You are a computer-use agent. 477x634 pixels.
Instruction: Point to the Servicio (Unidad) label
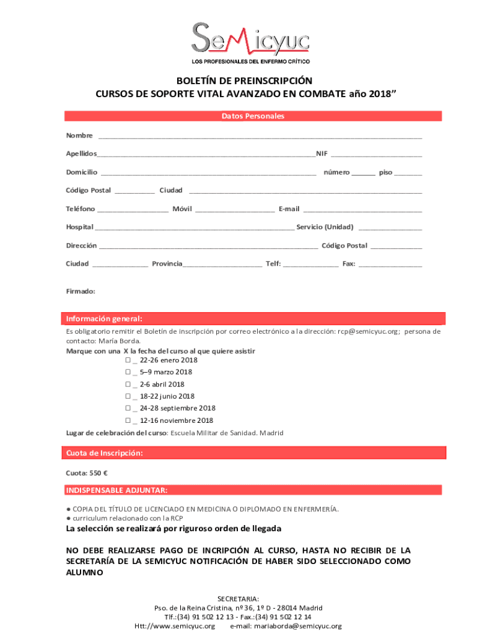tap(325, 227)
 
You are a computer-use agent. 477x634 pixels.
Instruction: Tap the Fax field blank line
tap(390, 265)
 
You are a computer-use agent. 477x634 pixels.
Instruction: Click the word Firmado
tap(81, 291)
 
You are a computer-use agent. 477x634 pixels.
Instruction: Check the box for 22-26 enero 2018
tap(128, 360)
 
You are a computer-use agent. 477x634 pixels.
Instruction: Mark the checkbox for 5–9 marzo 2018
tap(128, 372)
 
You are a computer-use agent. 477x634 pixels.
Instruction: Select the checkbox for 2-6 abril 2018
tap(128, 384)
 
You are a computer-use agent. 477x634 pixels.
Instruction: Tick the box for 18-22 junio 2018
tap(128, 396)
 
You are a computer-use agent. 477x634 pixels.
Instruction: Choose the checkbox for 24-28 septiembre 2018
tap(128, 409)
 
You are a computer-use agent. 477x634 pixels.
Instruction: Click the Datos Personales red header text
tap(253, 116)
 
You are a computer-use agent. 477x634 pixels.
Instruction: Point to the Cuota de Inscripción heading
tap(105, 453)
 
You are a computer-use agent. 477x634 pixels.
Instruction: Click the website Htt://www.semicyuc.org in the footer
tap(175, 626)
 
